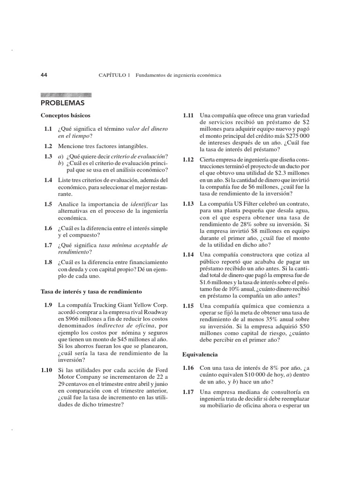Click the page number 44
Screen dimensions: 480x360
(45, 75)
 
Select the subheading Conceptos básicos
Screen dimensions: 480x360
(65, 115)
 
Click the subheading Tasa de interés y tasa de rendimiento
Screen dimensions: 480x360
(91, 292)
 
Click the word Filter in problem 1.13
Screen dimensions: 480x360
(249, 204)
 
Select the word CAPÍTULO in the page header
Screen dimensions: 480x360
(114, 75)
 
